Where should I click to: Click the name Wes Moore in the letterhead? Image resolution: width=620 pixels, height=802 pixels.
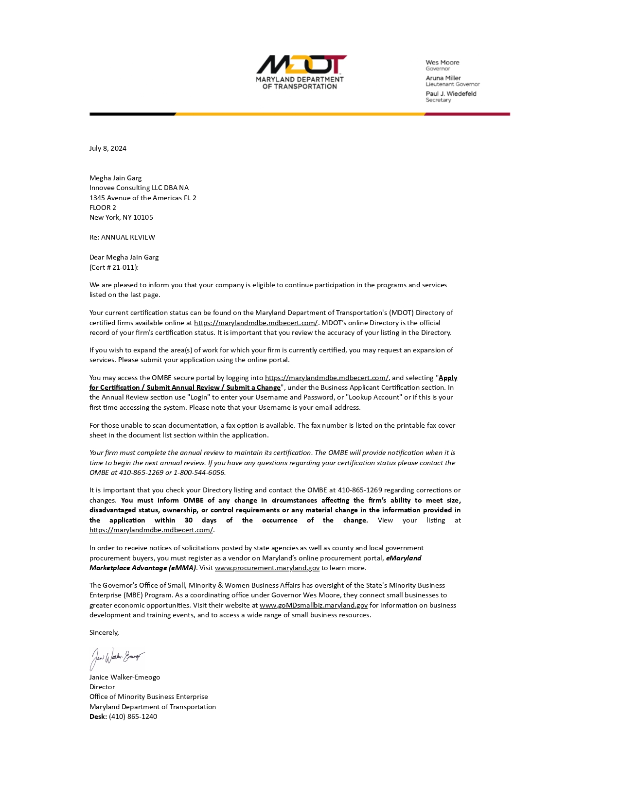tap(442, 62)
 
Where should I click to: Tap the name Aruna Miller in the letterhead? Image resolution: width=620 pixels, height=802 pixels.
tap(443, 78)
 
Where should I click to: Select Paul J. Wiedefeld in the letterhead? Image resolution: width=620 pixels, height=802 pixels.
tap(451, 93)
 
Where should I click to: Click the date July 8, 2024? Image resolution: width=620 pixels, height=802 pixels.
tap(107, 148)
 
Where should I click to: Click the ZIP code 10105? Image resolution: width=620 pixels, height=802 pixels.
tap(143, 217)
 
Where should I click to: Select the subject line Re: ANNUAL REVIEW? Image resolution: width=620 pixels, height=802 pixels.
tap(122, 237)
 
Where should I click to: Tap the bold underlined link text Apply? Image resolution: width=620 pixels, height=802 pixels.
tap(448, 378)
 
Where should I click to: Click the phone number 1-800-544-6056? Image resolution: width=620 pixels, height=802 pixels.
tap(199, 472)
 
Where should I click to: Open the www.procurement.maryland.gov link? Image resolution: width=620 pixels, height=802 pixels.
tap(267, 568)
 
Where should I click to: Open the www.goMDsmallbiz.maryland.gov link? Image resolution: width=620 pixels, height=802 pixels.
tap(314, 605)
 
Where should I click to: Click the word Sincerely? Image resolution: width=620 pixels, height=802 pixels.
tap(104, 632)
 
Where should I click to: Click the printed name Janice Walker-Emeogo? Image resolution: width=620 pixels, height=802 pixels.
tap(124, 677)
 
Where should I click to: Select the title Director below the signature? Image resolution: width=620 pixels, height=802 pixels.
tap(102, 687)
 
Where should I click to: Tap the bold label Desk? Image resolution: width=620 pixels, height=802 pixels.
tap(98, 716)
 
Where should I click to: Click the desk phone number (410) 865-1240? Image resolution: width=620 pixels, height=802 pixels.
tap(133, 716)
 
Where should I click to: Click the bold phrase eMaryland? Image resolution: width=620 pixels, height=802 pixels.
tap(404, 558)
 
